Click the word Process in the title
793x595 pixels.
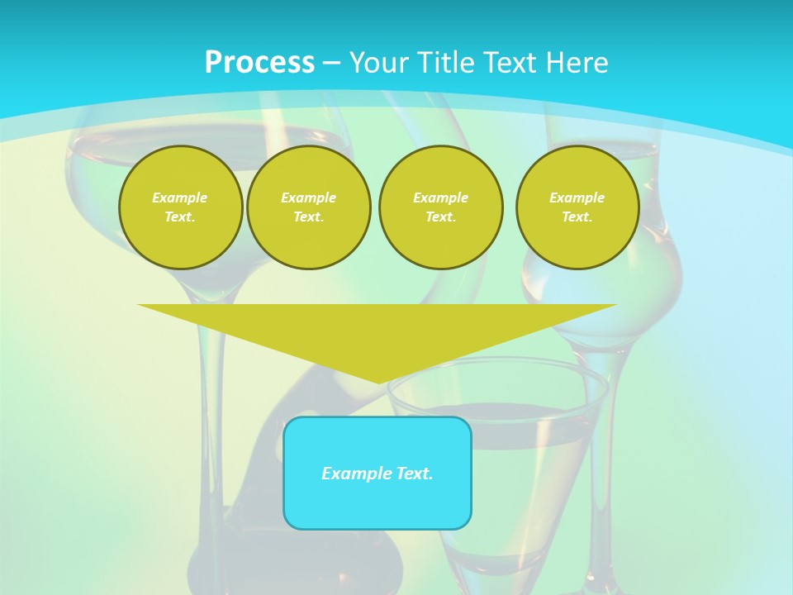[x=259, y=63]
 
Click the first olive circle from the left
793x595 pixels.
[x=180, y=207]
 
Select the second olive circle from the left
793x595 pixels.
[x=308, y=207]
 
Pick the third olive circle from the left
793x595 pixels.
[x=440, y=207]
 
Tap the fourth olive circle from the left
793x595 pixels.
[x=577, y=207]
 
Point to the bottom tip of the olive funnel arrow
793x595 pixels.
[x=378, y=382]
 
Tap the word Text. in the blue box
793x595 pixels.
[x=414, y=474]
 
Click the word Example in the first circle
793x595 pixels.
[x=180, y=198]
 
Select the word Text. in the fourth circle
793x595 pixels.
[x=577, y=217]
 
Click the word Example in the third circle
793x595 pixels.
[x=440, y=198]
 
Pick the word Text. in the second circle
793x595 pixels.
[x=308, y=217]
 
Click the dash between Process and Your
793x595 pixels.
[x=332, y=63]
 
